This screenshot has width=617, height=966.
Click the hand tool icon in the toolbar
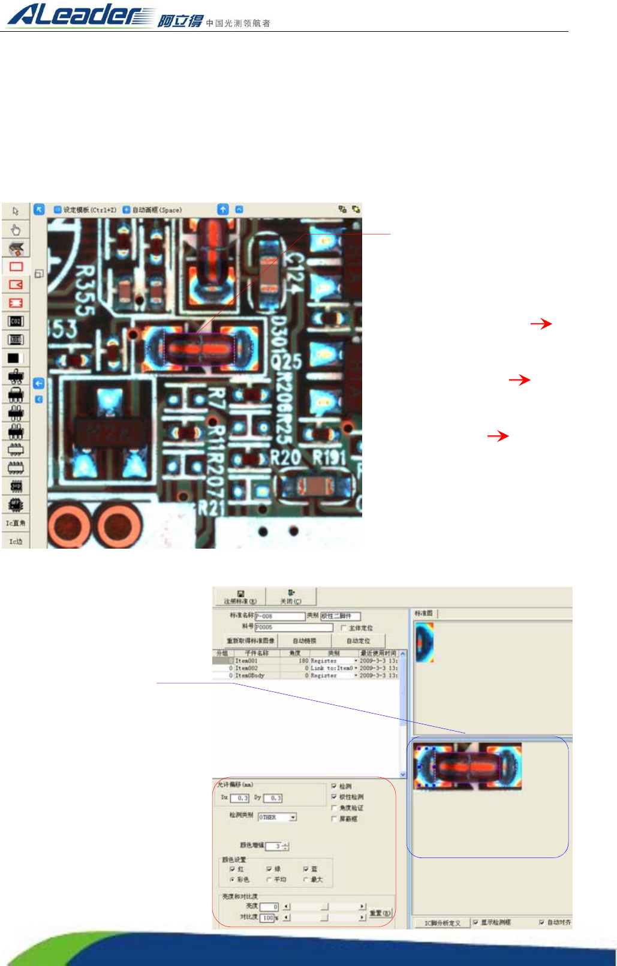(x=16, y=230)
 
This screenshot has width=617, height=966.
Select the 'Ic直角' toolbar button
(x=16, y=523)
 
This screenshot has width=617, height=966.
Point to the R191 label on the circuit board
(x=330, y=458)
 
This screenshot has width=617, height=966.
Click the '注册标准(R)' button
(x=240, y=597)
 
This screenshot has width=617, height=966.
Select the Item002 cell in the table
(x=246, y=668)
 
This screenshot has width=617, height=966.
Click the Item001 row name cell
(x=246, y=661)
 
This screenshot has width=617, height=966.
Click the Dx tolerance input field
(x=240, y=798)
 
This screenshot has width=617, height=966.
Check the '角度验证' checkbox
(x=334, y=808)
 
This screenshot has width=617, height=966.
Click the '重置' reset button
(x=380, y=913)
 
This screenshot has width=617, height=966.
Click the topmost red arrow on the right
(x=541, y=324)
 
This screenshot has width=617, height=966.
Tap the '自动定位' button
(x=358, y=641)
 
